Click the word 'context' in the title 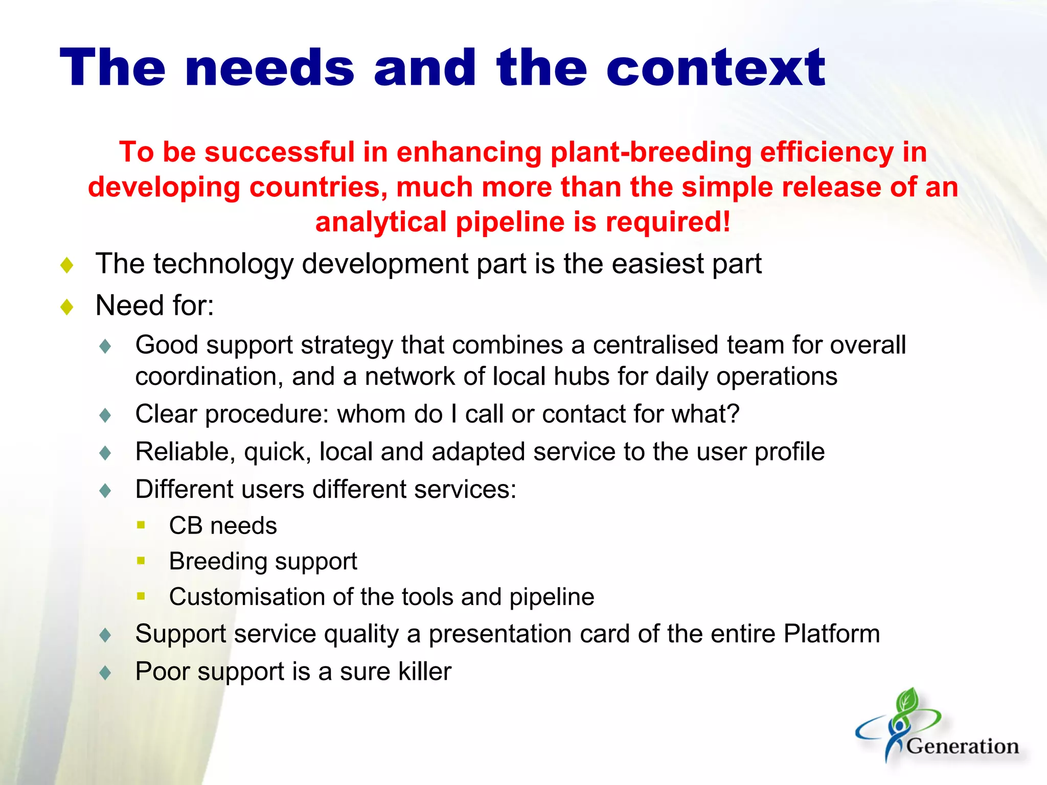pyautogui.click(x=715, y=68)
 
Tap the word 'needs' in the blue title pyautogui.click(x=270, y=68)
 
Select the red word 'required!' pyautogui.click(x=668, y=222)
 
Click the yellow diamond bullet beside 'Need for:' pyautogui.click(x=67, y=307)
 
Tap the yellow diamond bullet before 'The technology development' pyautogui.click(x=67, y=265)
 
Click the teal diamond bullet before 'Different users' pyautogui.click(x=105, y=491)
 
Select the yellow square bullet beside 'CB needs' pyautogui.click(x=142, y=525)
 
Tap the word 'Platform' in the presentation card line pyautogui.click(x=832, y=634)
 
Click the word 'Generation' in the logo pyautogui.click(x=963, y=746)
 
